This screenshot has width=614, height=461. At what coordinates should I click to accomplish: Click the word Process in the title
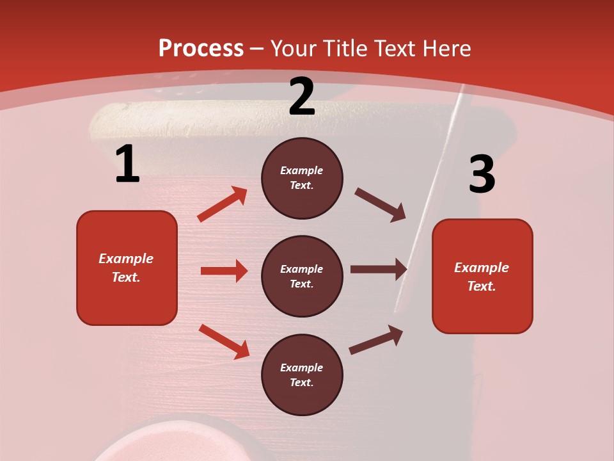point(201,49)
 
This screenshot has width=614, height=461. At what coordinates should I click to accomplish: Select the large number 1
point(127,165)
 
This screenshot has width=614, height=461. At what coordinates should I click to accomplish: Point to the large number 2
point(302,97)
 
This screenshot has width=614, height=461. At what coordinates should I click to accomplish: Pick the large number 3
point(482,175)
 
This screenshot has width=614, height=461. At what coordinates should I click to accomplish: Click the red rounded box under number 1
point(127,268)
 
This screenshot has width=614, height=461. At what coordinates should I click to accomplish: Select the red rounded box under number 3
point(482,276)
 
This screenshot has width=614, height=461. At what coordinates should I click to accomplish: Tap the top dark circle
point(302,178)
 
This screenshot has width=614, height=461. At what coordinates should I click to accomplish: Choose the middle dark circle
point(302,276)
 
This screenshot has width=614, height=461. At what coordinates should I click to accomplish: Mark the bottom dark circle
point(302,375)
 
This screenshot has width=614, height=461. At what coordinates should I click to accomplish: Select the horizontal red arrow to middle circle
point(224,271)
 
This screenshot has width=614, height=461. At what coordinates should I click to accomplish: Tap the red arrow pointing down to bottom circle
point(224,341)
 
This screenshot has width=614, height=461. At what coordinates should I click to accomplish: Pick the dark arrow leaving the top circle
point(380,205)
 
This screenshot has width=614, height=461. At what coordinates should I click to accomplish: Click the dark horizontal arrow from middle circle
point(379,269)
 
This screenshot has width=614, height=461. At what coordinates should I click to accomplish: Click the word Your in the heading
point(291,49)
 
